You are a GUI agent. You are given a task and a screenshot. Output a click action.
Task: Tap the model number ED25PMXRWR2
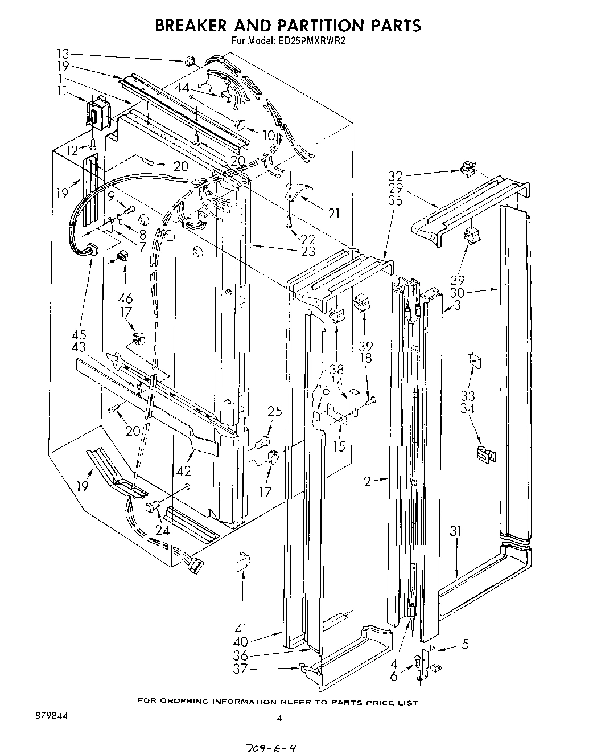[x=312, y=40]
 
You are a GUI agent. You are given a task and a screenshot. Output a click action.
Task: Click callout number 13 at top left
[x=63, y=53]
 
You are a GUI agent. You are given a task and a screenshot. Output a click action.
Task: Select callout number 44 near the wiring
[x=182, y=87]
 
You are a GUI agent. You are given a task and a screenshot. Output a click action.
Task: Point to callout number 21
[x=333, y=214]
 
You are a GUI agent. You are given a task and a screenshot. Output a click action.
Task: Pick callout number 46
[x=126, y=298]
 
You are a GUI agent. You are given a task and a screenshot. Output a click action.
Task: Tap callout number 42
[x=183, y=471]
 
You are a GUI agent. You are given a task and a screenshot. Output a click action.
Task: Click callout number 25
[x=275, y=412]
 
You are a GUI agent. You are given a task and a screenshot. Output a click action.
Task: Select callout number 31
[x=456, y=531]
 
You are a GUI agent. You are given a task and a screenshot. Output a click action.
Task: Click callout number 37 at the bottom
[x=241, y=669]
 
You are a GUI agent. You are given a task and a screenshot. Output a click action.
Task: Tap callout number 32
[x=396, y=175]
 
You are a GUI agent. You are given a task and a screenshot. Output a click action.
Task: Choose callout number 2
[x=368, y=482]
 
